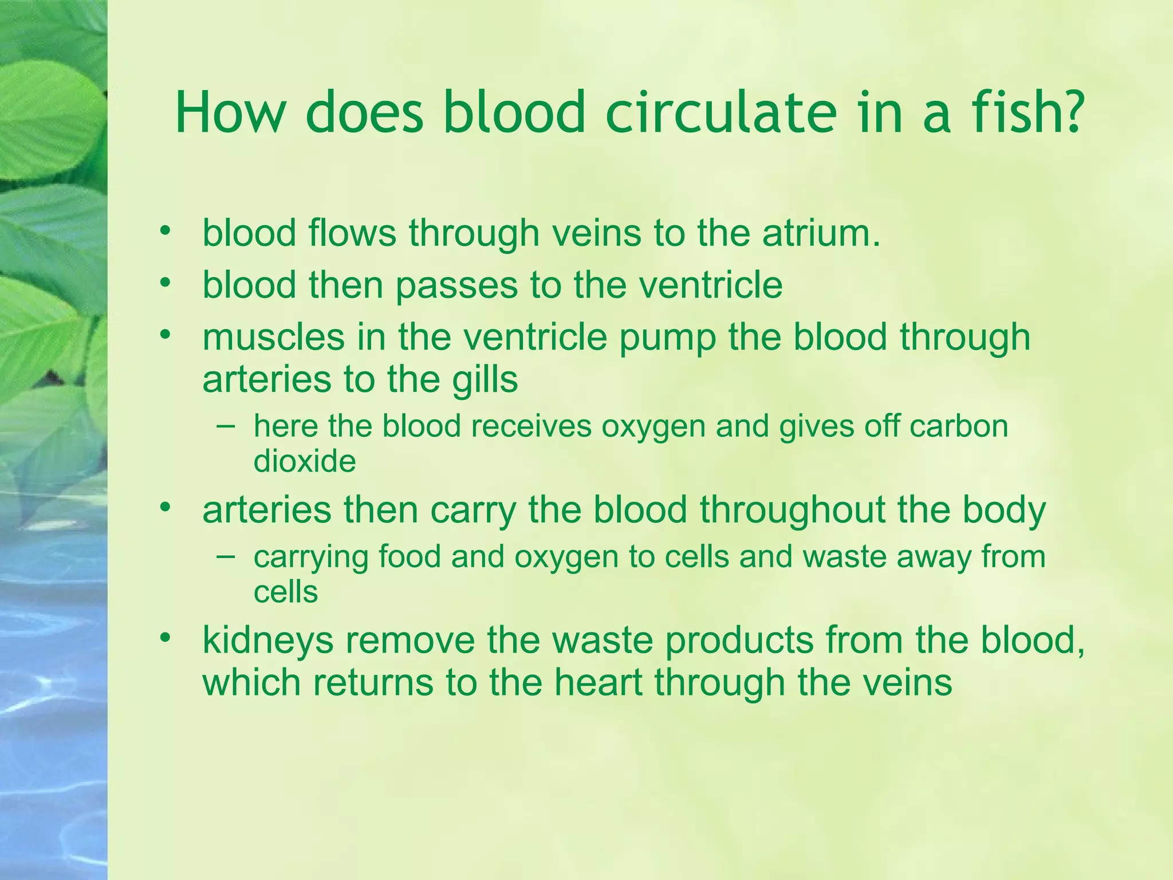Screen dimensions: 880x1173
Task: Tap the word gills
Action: click(485, 380)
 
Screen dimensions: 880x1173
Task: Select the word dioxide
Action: click(305, 461)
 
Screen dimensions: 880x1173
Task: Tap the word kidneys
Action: click(268, 641)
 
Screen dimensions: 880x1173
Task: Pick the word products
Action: click(739, 641)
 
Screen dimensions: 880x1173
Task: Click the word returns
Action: click(373, 683)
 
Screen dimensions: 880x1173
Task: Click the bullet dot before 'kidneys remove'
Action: click(166, 638)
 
